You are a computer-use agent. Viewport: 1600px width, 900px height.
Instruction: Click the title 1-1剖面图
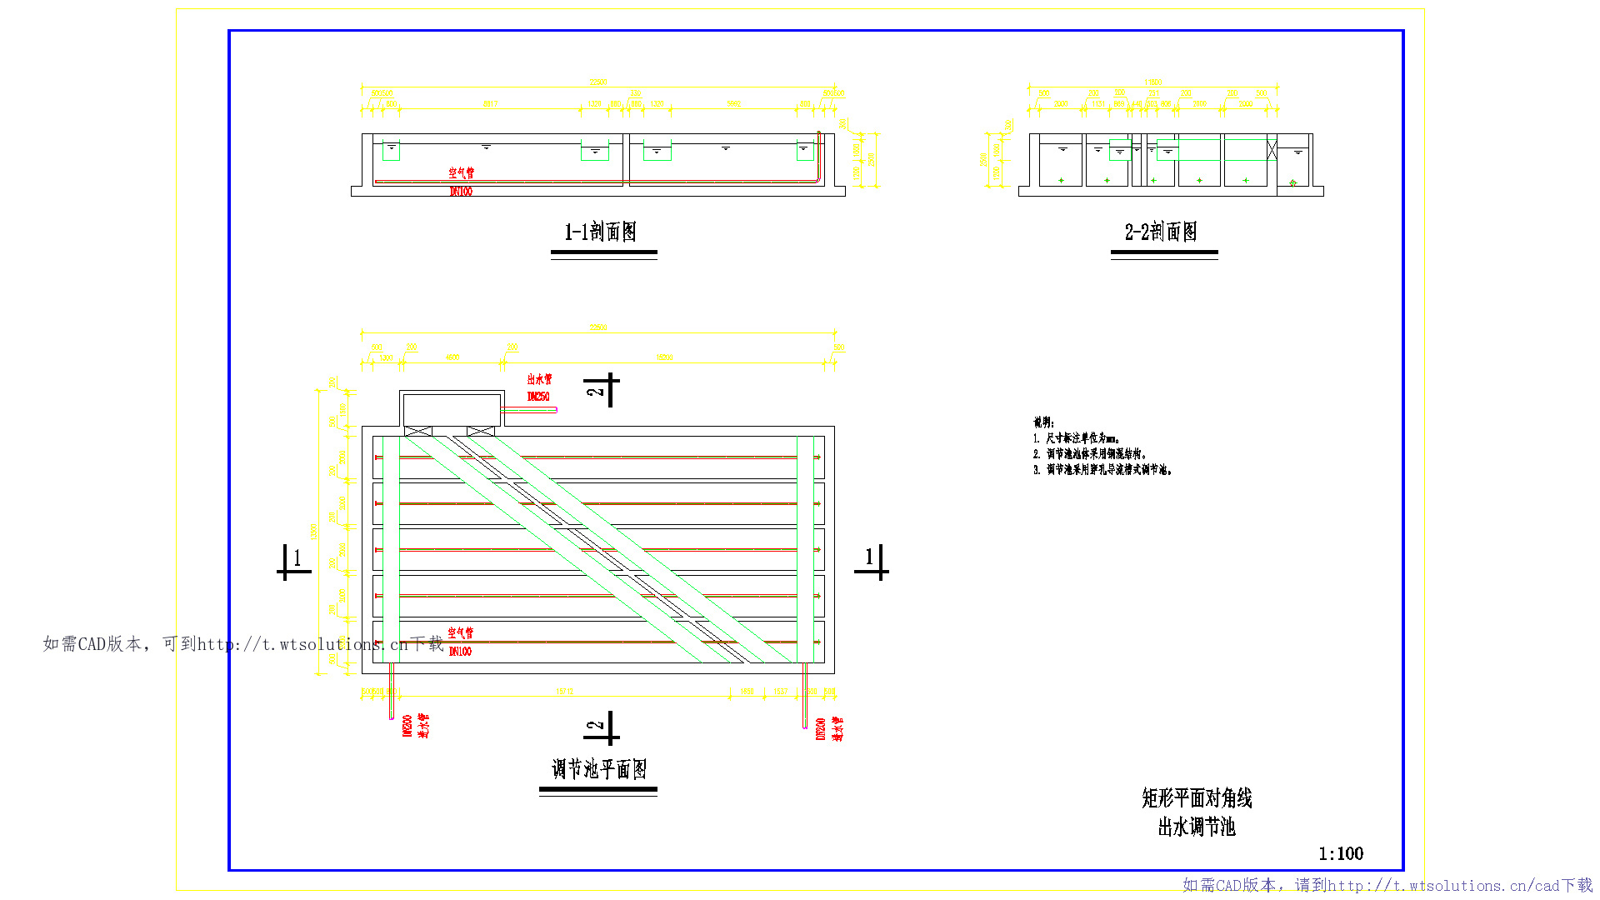[x=600, y=232]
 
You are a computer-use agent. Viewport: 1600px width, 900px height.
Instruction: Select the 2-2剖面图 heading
[x=1161, y=232]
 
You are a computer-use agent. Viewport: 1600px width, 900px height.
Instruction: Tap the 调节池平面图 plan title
[x=598, y=768]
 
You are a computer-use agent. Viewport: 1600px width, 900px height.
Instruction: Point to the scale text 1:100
[x=1340, y=853]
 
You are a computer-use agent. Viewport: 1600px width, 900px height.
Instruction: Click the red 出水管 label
[x=539, y=379]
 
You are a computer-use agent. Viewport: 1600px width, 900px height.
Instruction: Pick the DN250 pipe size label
[x=538, y=397]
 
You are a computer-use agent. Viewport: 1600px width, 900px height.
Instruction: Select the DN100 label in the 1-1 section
[x=461, y=192]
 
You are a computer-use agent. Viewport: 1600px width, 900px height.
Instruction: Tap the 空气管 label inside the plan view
[x=460, y=633]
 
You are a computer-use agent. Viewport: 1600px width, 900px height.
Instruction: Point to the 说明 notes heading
[x=1043, y=422]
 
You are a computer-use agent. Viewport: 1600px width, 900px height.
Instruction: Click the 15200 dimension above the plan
[x=664, y=357]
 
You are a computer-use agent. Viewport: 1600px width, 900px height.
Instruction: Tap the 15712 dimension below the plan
[x=564, y=692]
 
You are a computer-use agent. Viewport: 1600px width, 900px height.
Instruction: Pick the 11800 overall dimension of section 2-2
[x=1152, y=82]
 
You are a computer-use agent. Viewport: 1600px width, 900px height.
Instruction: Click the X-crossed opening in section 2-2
[x=1272, y=150]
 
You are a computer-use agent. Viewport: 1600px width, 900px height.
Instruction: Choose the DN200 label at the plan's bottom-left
[x=407, y=725]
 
